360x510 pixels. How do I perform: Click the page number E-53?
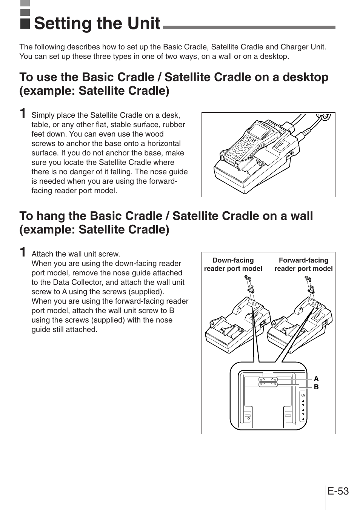pyautogui.click(x=338, y=491)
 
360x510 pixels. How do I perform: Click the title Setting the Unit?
pyautogui.click(x=97, y=23)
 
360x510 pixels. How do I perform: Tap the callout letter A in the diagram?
pyautogui.click(x=316, y=379)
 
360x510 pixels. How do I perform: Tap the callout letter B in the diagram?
pyautogui.click(x=316, y=387)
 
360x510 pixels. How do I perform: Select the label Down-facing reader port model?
pyautogui.click(x=233, y=264)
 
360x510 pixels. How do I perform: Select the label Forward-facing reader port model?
pyautogui.click(x=303, y=264)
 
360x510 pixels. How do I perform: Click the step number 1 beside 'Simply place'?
pyautogui.click(x=23, y=113)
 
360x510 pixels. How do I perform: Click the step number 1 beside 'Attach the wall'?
pyautogui.click(x=23, y=252)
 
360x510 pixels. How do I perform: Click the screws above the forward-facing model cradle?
pyautogui.click(x=308, y=279)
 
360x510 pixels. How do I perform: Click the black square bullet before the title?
pyautogui.click(x=25, y=24)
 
